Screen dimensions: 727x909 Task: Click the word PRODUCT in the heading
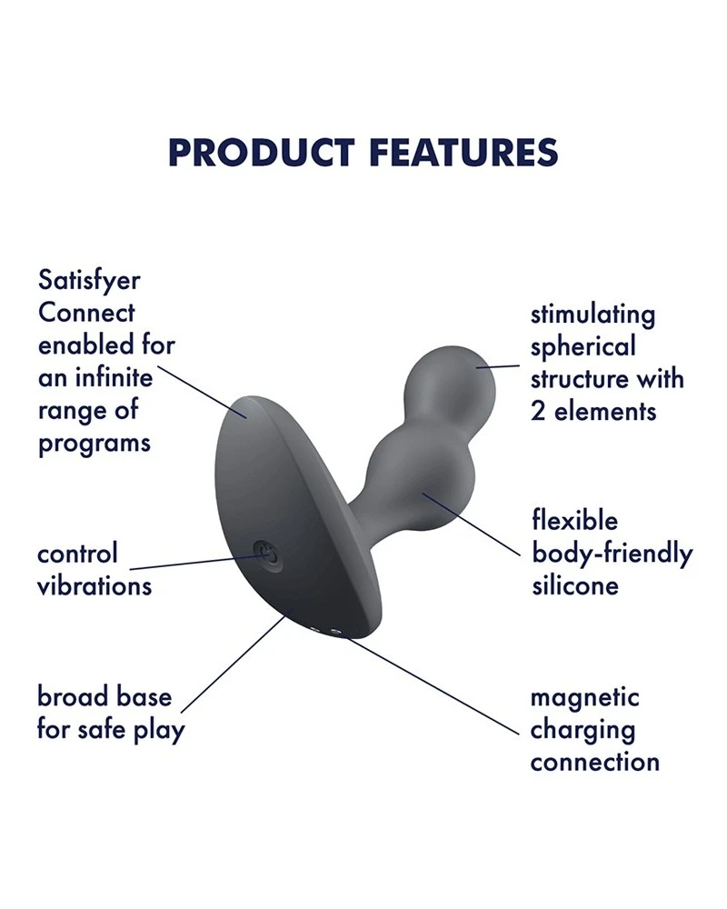coord(261,153)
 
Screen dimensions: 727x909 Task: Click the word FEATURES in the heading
coord(463,153)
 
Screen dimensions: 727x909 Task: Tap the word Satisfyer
coord(89,282)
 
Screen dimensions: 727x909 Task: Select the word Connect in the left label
coord(86,313)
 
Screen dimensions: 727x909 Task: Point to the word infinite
coord(115,378)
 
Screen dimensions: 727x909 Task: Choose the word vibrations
coord(95,586)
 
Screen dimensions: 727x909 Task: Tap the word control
coord(77,554)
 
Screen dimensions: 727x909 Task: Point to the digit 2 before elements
coord(538,412)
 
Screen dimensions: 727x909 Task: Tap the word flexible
coord(575,520)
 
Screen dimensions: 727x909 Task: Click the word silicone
coord(575,585)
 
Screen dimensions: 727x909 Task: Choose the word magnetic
coord(584,698)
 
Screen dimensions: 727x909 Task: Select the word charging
coord(583,731)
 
